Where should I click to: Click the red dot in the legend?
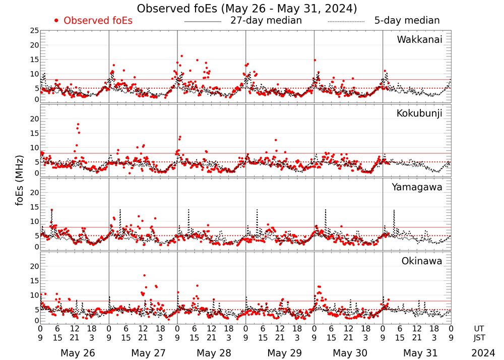56,21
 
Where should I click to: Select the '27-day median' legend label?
266,21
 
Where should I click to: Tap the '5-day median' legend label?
407,21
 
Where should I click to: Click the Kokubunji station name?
419,113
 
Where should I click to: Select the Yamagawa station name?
417,187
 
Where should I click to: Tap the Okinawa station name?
421,261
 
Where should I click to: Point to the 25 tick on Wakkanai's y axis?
34,31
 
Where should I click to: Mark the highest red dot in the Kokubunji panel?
78,124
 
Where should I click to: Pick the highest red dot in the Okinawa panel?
145,275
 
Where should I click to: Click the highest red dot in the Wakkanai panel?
181,56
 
